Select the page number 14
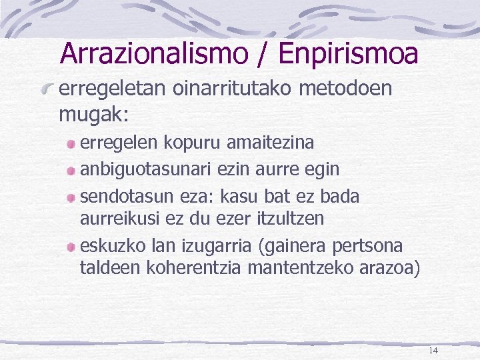point(433,351)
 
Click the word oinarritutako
point(226,89)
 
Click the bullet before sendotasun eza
point(71,198)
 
